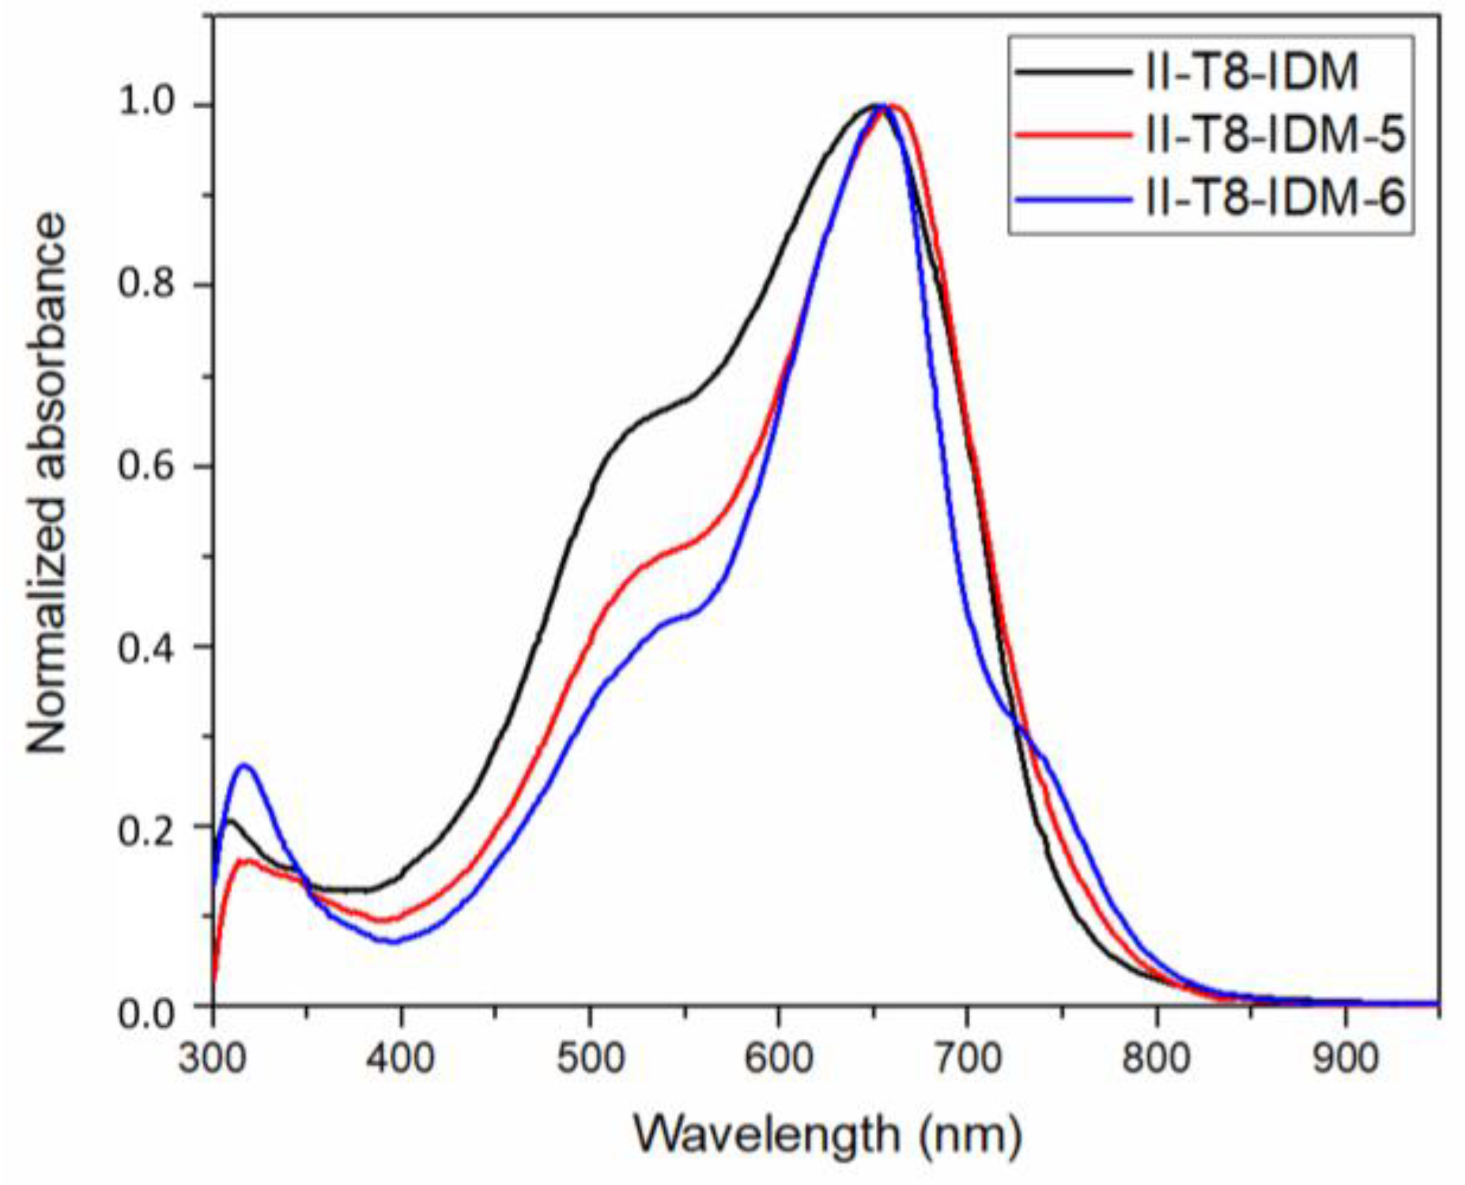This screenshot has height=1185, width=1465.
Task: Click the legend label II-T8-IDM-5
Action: click(x=1274, y=135)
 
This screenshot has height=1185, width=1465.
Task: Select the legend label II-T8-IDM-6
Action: click(x=1274, y=197)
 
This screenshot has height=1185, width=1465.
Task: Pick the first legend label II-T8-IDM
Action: click(x=1252, y=72)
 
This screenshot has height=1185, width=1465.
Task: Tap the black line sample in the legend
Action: click(x=1073, y=72)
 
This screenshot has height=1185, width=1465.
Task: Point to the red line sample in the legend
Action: click(x=1073, y=135)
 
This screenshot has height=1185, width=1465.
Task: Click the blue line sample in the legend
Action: click(x=1073, y=198)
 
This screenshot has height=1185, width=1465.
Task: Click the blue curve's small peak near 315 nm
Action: click(x=244, y=765)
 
